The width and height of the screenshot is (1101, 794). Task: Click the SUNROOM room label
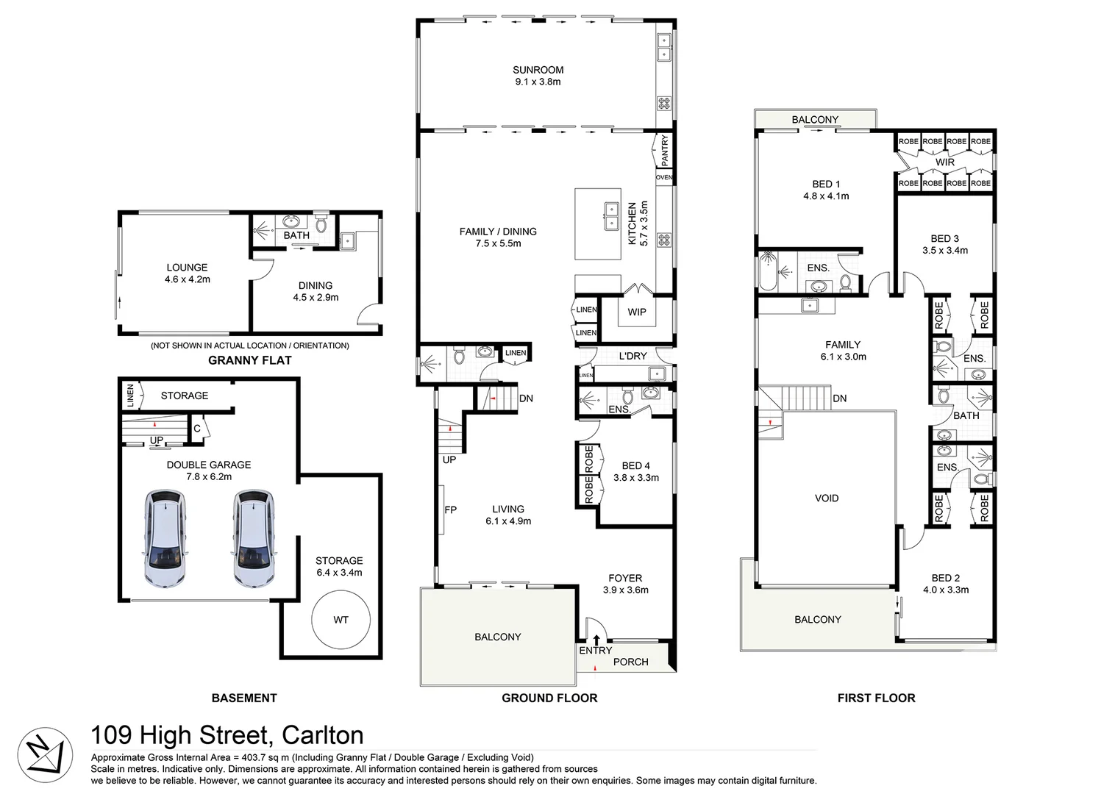click(538, 71)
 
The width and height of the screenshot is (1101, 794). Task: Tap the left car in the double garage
click(165, 539)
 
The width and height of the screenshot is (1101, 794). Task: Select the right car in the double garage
click(254, 539)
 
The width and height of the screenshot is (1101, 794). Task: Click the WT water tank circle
click(341, 620)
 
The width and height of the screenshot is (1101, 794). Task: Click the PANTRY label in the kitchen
click(665, 150)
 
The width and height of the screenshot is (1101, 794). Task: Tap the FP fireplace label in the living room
click(450, 509)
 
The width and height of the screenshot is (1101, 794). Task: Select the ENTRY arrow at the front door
click(596, 640)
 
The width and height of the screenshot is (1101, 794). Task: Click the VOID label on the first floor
click(826, 498)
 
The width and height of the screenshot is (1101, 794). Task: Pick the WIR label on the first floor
click(944, 162)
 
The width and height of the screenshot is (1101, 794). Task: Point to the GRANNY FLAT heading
click(249, 360)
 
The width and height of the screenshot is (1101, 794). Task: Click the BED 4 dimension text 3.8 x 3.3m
click(636, 478)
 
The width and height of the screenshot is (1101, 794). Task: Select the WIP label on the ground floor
click(636, 312)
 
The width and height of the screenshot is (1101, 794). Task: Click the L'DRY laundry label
click(633, 356)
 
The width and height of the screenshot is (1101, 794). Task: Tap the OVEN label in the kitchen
click(663, 177)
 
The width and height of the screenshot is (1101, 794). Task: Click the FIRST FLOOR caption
click(876, 698)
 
